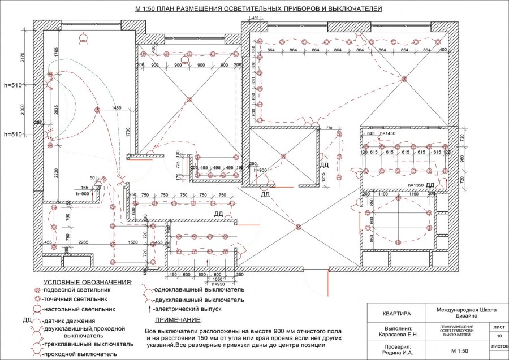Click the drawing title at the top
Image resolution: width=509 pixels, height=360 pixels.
258,10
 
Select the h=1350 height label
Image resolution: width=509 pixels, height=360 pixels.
415,185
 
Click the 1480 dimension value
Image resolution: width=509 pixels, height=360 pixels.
117,107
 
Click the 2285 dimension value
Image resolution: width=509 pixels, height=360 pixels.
84,242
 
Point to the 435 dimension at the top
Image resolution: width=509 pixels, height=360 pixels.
255,19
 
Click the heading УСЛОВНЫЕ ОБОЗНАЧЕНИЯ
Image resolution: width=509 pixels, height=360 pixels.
88,281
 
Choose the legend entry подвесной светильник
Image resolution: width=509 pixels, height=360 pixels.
73,289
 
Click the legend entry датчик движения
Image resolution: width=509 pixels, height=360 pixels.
66,320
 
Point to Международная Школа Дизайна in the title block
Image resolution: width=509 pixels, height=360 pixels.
467,313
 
